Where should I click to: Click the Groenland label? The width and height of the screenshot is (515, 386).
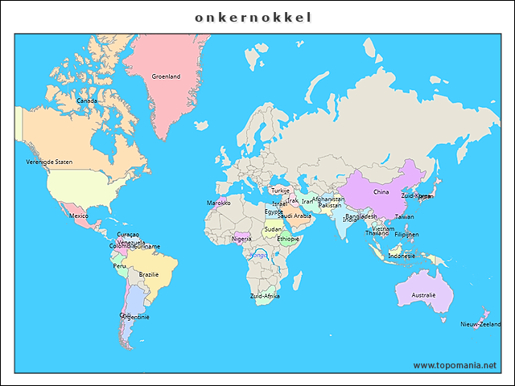(166, 76)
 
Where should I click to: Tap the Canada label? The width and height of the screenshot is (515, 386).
(87, 101)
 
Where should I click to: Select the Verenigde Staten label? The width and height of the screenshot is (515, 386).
(49, 162)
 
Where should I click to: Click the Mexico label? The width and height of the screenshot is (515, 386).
(79, 216)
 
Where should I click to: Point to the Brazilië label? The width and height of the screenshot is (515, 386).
(149, 274)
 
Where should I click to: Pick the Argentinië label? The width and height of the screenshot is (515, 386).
(135, 317)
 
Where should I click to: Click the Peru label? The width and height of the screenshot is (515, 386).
(119, 266)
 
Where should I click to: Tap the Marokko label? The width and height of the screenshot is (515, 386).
(219, 203)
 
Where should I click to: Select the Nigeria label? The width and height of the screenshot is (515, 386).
(241, 239)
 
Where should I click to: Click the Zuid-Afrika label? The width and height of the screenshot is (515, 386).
(265, 296)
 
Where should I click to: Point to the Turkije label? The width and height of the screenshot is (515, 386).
(281, 191)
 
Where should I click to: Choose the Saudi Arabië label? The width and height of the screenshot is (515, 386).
(295, 216)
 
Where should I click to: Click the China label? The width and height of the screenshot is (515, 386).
(381, 192)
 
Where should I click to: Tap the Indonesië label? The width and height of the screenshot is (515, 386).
(402, 256)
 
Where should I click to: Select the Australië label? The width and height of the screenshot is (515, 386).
(423, 295)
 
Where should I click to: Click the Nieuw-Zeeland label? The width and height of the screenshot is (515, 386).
(480, 324)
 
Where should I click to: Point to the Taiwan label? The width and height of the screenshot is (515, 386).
(405, 216)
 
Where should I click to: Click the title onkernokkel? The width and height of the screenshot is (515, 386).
(253, 16)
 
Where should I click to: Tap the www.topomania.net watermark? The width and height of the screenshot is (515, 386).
(455, 365)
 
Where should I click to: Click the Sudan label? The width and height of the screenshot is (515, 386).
(273, 229)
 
